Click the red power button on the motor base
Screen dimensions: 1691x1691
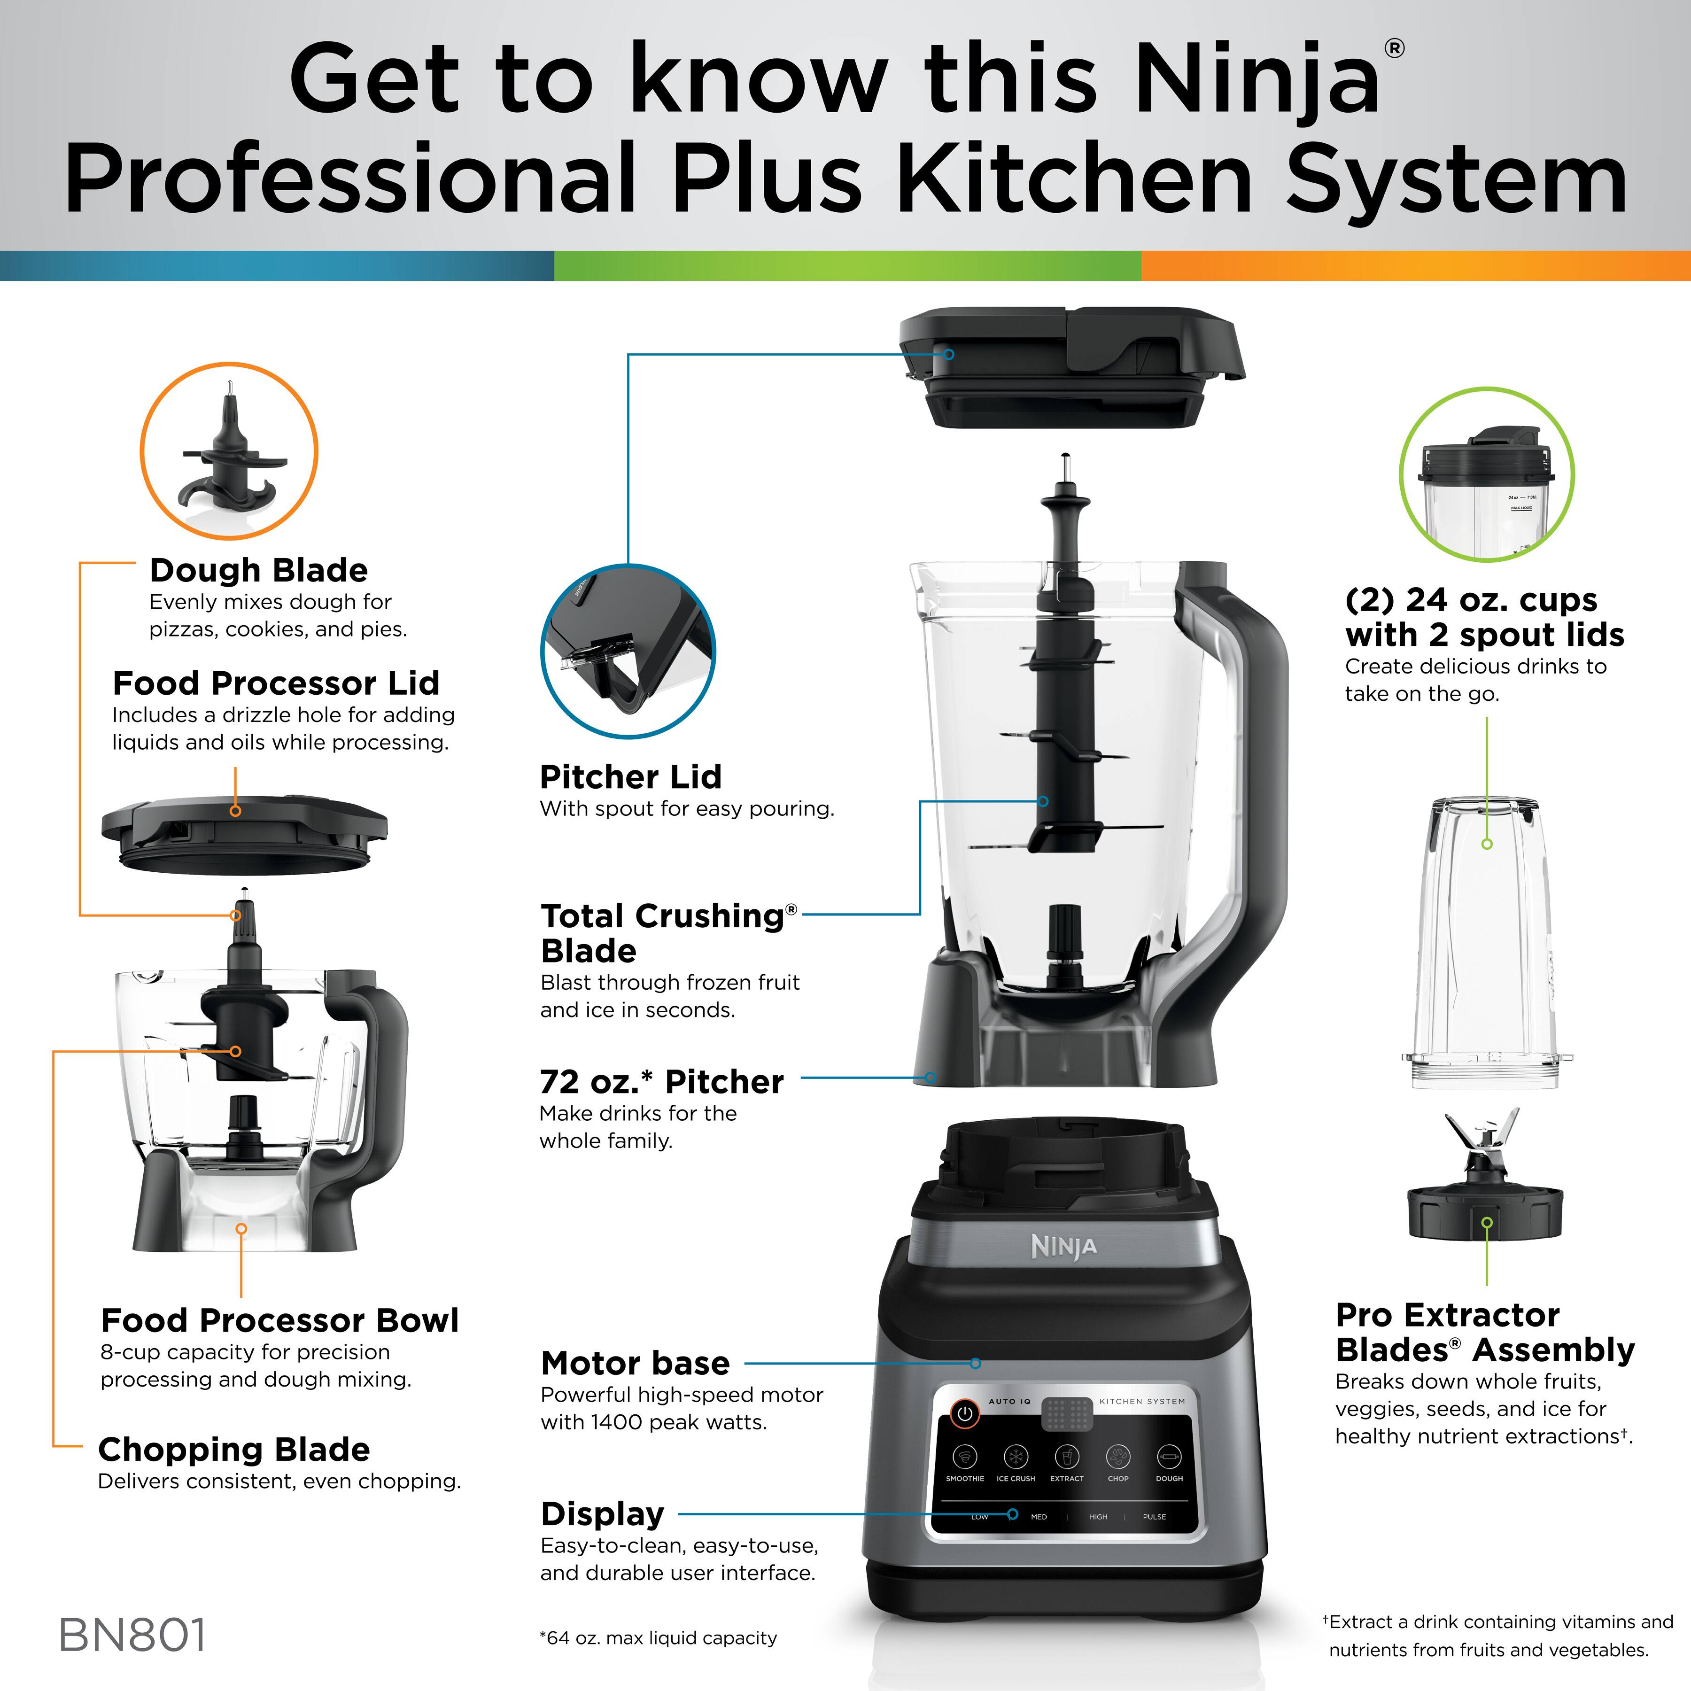[964, 1413]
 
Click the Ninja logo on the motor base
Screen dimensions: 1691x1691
[1063, 1246]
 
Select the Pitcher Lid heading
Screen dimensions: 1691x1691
[630, 776]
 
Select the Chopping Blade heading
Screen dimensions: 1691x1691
[234, 1450]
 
